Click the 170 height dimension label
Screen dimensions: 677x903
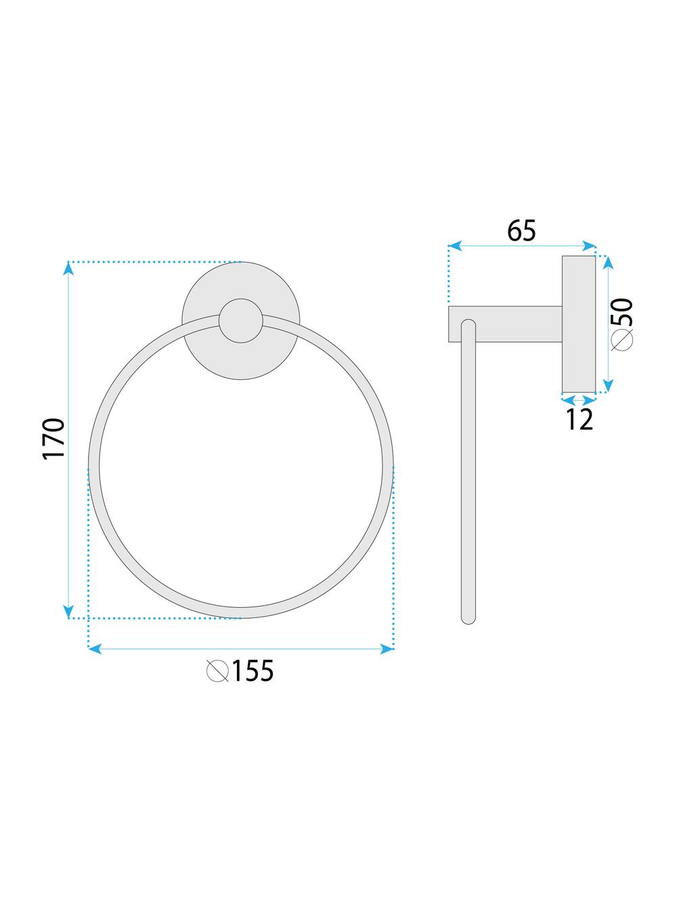(54, 439)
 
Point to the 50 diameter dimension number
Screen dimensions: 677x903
(622, 312)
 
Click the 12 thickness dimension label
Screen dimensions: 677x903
(580, 420)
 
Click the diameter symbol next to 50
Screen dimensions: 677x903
(622, 339)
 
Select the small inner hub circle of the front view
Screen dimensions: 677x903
(241, 320)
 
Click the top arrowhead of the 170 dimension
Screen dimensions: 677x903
(68, 269)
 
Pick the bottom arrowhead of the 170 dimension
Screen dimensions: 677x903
(68, 611)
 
